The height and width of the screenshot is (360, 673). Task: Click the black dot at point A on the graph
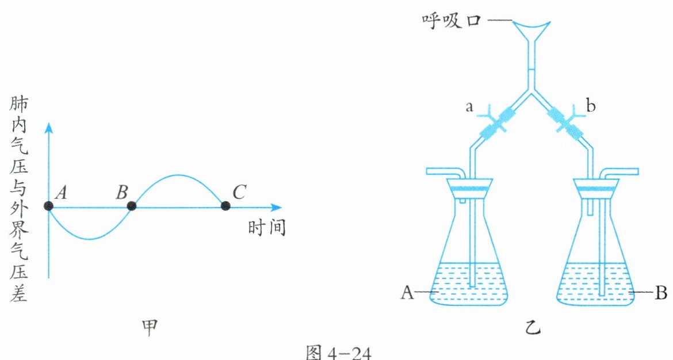click(48, 206)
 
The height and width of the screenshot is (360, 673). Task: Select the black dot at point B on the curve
click(132, 206)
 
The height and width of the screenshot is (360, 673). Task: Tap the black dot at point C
click(225, 206)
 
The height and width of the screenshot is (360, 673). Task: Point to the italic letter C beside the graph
click(239, 192)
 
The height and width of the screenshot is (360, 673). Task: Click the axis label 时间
click(266, 227)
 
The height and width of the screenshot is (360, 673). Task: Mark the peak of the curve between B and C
click(178, 175)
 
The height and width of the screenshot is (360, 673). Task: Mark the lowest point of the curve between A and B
click(89, 239)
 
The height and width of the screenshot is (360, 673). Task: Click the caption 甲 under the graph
click(150, 328)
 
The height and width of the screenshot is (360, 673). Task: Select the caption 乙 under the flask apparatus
click(533, 328)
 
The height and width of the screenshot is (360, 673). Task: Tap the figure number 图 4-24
click(339, 352)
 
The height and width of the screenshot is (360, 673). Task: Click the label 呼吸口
click(452, 20)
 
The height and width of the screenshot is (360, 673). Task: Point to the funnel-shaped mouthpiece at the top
click(532, 32)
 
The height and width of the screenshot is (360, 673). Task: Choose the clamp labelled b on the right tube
click(568, 121)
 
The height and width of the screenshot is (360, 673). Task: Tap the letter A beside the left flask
click(407, 293)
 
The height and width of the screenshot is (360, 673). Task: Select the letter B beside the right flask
click(661, 293)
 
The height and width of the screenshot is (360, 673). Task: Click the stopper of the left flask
click(469, 189)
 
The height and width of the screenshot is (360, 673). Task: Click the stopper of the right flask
click(596, 189)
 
